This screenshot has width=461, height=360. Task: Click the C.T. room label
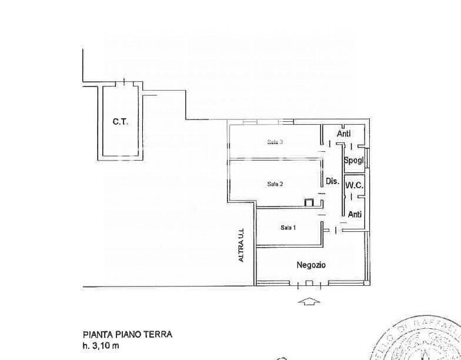(120, 122)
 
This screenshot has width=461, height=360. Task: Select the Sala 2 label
(275, 184)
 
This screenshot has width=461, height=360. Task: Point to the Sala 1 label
(288, 228)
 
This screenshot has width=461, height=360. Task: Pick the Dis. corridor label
(332, 182)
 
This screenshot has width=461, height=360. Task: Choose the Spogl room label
(354, 161)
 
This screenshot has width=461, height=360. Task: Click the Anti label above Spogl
(344, 134)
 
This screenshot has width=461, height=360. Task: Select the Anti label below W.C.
(355, 215)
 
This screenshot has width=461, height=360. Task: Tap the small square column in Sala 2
(308, 204)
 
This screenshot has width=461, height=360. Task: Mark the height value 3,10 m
(106, 345)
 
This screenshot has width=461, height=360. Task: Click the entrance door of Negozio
(309, 285)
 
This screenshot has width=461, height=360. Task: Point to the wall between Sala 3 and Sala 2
(273, 160)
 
